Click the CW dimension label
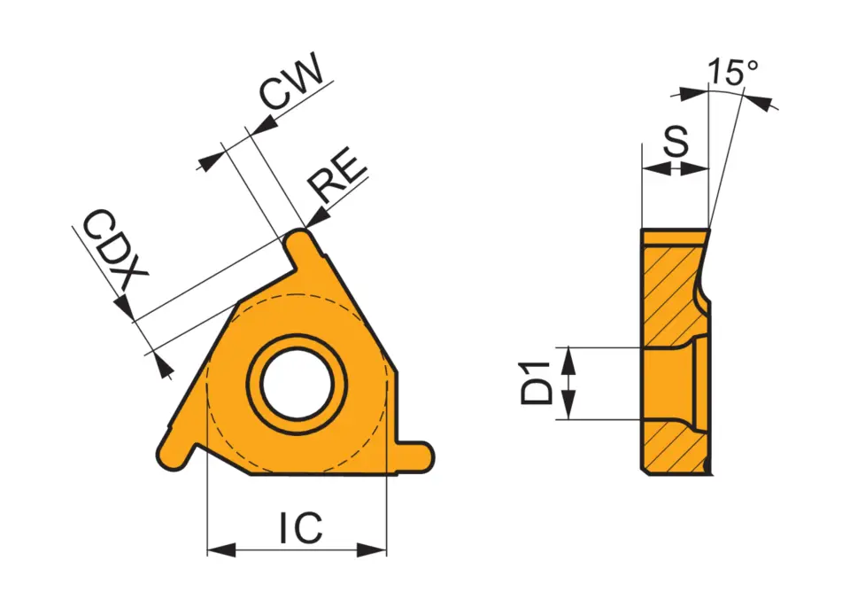(289, 82)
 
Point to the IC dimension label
(300, 529)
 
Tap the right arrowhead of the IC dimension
(379, 550)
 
